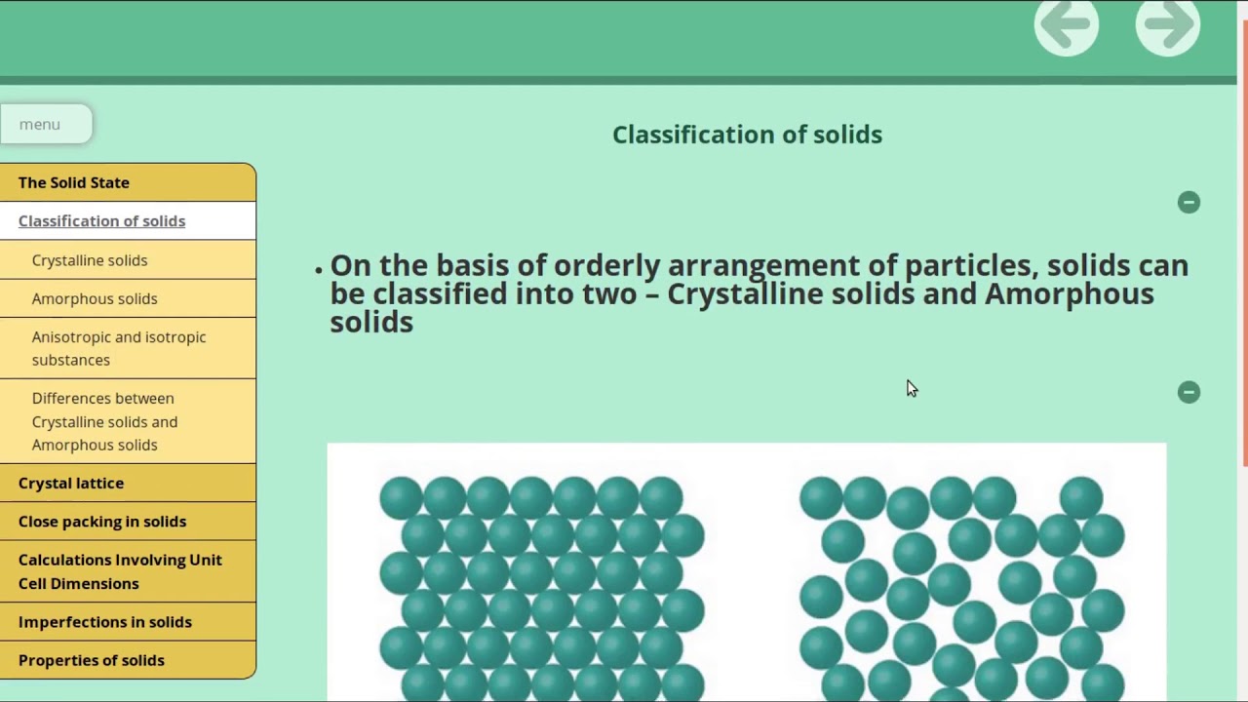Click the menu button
(45, 125)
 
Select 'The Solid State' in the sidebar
(74, 182)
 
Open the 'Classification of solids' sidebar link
(101, 221)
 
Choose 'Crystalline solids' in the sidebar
(90, 260)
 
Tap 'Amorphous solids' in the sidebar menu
(95, 298)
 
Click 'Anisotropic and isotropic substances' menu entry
(119, 348)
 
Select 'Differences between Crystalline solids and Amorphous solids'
(104, 421)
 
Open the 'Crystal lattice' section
(71, 483)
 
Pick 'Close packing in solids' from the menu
(102, 522)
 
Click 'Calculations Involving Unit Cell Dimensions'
(120, 571)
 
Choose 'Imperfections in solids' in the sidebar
(105, 622)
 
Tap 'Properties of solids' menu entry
(92, 660)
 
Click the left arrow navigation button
(1066, 25)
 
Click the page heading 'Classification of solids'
(747, 135)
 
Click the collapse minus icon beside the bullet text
(1189, 202)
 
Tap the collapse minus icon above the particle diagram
(1189, 392)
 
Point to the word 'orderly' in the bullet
(606, 266)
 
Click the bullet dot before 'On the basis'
(319, 269)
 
